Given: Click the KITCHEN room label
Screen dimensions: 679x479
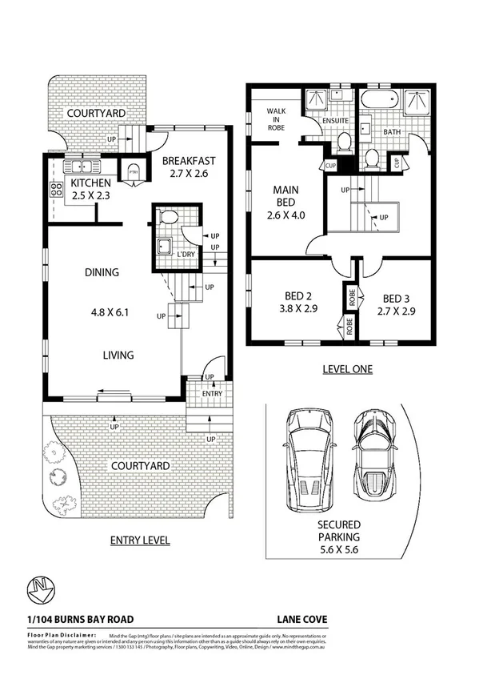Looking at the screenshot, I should point(73,183).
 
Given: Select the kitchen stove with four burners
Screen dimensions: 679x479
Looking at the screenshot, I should point(58,191).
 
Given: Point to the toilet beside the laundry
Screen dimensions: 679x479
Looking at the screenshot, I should point(168,218).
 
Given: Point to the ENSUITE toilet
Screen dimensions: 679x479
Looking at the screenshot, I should point(344,143).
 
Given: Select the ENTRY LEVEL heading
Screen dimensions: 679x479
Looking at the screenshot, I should point(139,540).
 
